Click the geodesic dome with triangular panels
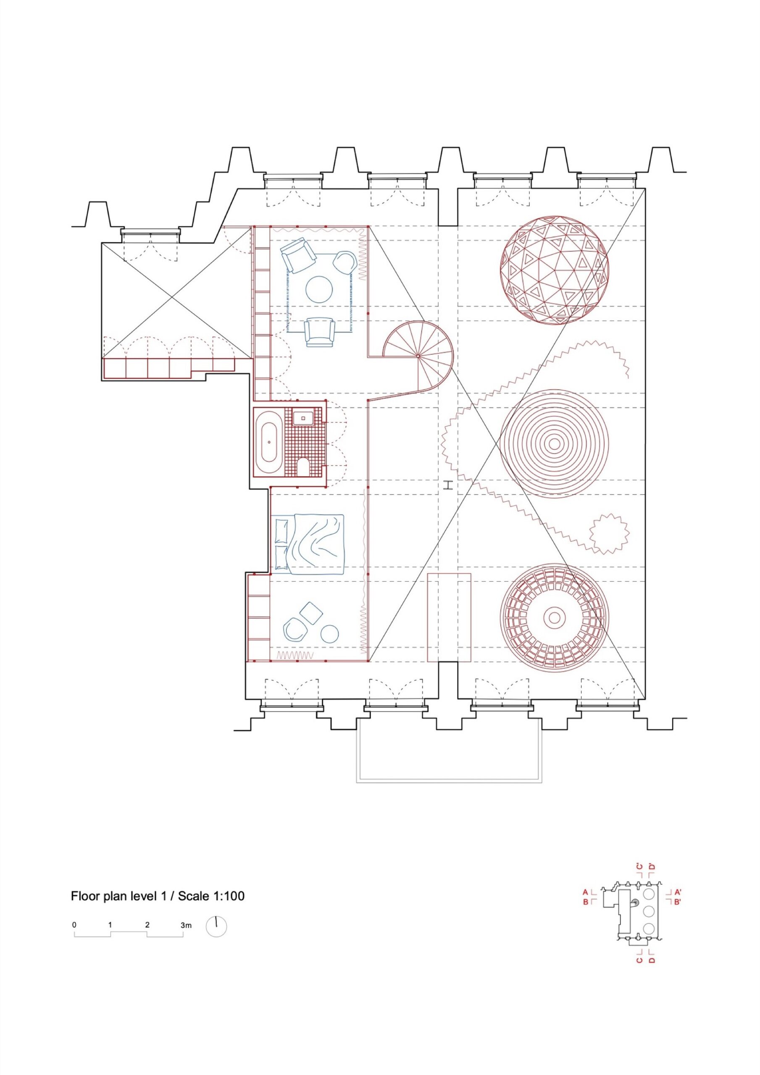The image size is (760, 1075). click(554, 270)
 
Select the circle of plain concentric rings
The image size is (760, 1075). click(554, 443)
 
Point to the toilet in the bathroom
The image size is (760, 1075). click(303, 466)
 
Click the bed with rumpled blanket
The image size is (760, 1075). click(308, 544)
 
